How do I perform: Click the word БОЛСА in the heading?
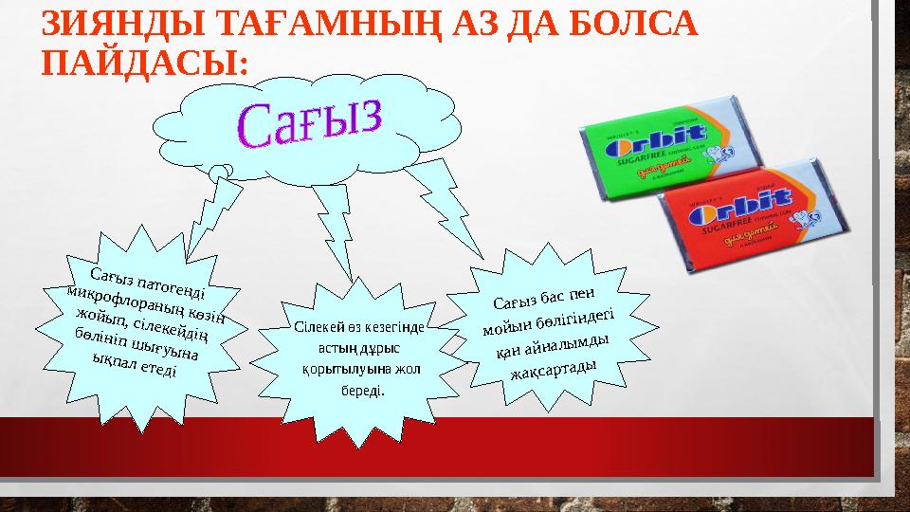point(632,25)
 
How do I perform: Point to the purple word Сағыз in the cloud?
point(313,123)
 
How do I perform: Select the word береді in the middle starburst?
point(362,390)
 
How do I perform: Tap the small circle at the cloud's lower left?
point(222,172)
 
